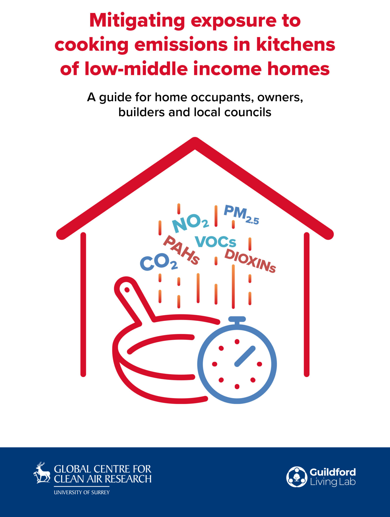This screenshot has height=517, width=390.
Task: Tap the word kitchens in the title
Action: click(x=295, y=45)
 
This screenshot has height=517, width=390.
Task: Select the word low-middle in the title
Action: click(x=136, y=69)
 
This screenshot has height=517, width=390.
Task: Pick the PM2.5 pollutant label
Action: click(x=241, y=215)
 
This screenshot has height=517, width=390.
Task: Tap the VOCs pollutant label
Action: click(x=216, y=242)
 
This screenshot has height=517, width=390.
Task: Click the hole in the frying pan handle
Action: click(x=127, y=290)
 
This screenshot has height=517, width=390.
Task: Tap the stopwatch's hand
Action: click(x=245, y=356)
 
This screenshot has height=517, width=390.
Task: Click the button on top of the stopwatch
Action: click(x=237, y=319)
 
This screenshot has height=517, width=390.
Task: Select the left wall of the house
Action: click(x=83, y=304)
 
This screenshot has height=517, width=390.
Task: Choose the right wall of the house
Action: click(x=307, y=304)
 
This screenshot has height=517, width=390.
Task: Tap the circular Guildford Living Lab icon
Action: click(x=297, y=477)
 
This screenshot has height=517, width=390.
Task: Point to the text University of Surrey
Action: click(x=82, y=492)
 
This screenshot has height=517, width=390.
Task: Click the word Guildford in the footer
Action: click(x=333, y=472)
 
